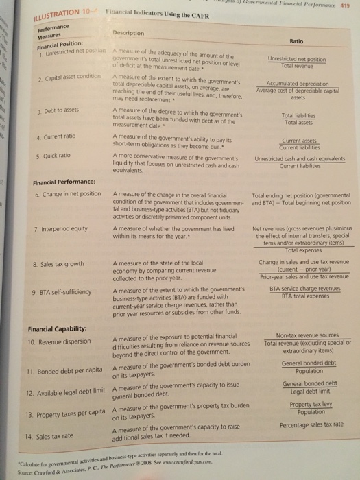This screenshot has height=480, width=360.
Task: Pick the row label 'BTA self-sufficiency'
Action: [62, 293]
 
